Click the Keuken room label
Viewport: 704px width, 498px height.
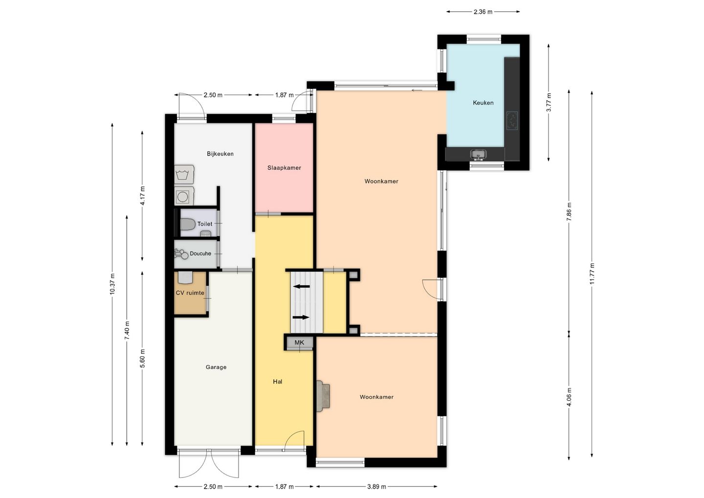[x=483, y=103]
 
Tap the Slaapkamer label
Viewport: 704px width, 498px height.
[x=284, y=168]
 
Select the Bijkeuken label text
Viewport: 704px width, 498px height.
[x=220, y=154]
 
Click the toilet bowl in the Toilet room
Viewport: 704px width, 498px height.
[x=188, y=224]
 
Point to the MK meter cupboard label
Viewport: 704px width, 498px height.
[x=299, y=342]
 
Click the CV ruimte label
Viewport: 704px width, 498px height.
[x=190, y=293]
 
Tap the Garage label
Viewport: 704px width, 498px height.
[x=216, y=367]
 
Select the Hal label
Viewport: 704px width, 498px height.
[x=278, y=382]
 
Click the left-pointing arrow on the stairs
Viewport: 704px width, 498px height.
[x=301, y=286]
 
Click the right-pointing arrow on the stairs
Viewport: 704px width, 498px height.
[x=301, y=317]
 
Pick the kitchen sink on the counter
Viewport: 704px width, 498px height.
[x=478, y=155]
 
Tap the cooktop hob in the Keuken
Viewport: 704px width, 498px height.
[x=512, y=120]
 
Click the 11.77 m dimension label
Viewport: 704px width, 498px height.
[x=592, y=273]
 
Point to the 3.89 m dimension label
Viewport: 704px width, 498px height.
[x=376, y=487]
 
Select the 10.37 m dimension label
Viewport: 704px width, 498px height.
[x=112, y=284]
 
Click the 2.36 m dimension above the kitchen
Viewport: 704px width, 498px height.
[x=483, y=12]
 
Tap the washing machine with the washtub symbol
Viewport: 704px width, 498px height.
[x=184, y=174]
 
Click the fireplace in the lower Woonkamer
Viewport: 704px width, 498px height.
[x=323, y=396]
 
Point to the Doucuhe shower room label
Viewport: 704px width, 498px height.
[x=200, y=254]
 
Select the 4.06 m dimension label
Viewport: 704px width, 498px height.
[x=569, y=397]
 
